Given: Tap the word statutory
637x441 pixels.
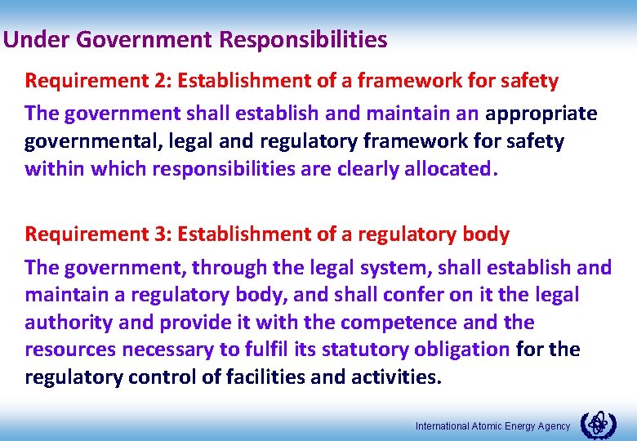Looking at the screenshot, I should (x=360, y=350).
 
